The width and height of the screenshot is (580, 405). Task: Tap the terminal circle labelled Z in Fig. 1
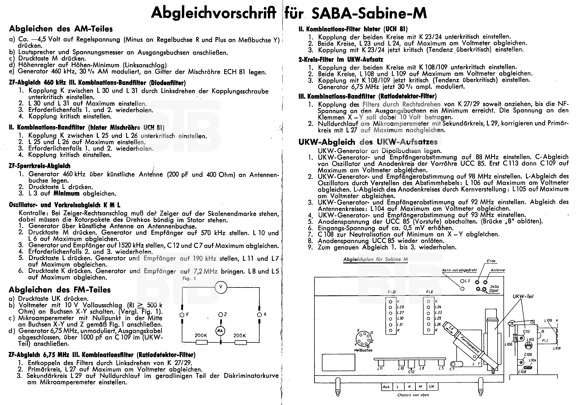(x=220, y=315)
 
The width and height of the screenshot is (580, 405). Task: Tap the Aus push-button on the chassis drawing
(x=386, y=387)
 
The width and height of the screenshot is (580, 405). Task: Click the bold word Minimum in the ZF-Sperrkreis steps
(x=66, y=194)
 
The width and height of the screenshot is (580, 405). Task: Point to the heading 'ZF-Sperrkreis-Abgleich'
(x=39, y=166)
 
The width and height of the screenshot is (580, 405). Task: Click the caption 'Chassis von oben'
(x=413, y=395)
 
